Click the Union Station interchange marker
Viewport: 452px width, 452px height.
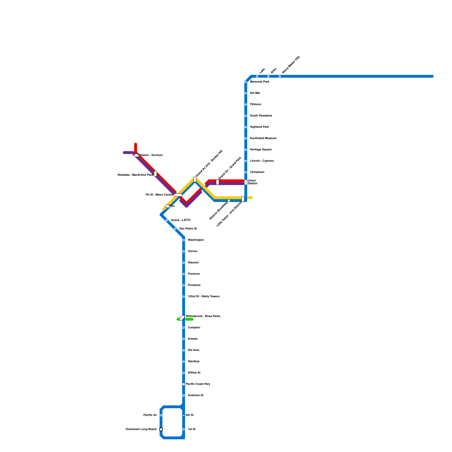246,182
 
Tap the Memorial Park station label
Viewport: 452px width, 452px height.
259,82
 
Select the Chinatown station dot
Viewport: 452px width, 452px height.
246,172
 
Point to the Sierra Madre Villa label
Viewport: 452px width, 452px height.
291,65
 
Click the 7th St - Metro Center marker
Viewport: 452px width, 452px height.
178,195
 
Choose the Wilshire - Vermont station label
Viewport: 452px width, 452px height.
150,155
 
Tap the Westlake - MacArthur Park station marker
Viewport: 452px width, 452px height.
155,174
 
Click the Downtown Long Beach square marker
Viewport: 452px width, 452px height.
161,429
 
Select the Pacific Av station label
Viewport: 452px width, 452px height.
150,415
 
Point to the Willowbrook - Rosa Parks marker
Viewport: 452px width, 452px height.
182,318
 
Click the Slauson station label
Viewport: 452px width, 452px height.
193,263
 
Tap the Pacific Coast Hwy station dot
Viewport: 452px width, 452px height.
184,384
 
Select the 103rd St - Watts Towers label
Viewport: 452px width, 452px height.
203,297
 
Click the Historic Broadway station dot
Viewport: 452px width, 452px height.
229,201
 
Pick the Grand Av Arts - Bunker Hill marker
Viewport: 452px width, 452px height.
195,179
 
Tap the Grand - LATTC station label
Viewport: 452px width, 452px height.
181,220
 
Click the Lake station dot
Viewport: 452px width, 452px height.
257,76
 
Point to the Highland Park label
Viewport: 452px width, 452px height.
259,127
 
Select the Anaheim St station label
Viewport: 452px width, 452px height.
195,395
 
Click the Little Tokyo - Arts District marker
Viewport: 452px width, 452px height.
243,199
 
